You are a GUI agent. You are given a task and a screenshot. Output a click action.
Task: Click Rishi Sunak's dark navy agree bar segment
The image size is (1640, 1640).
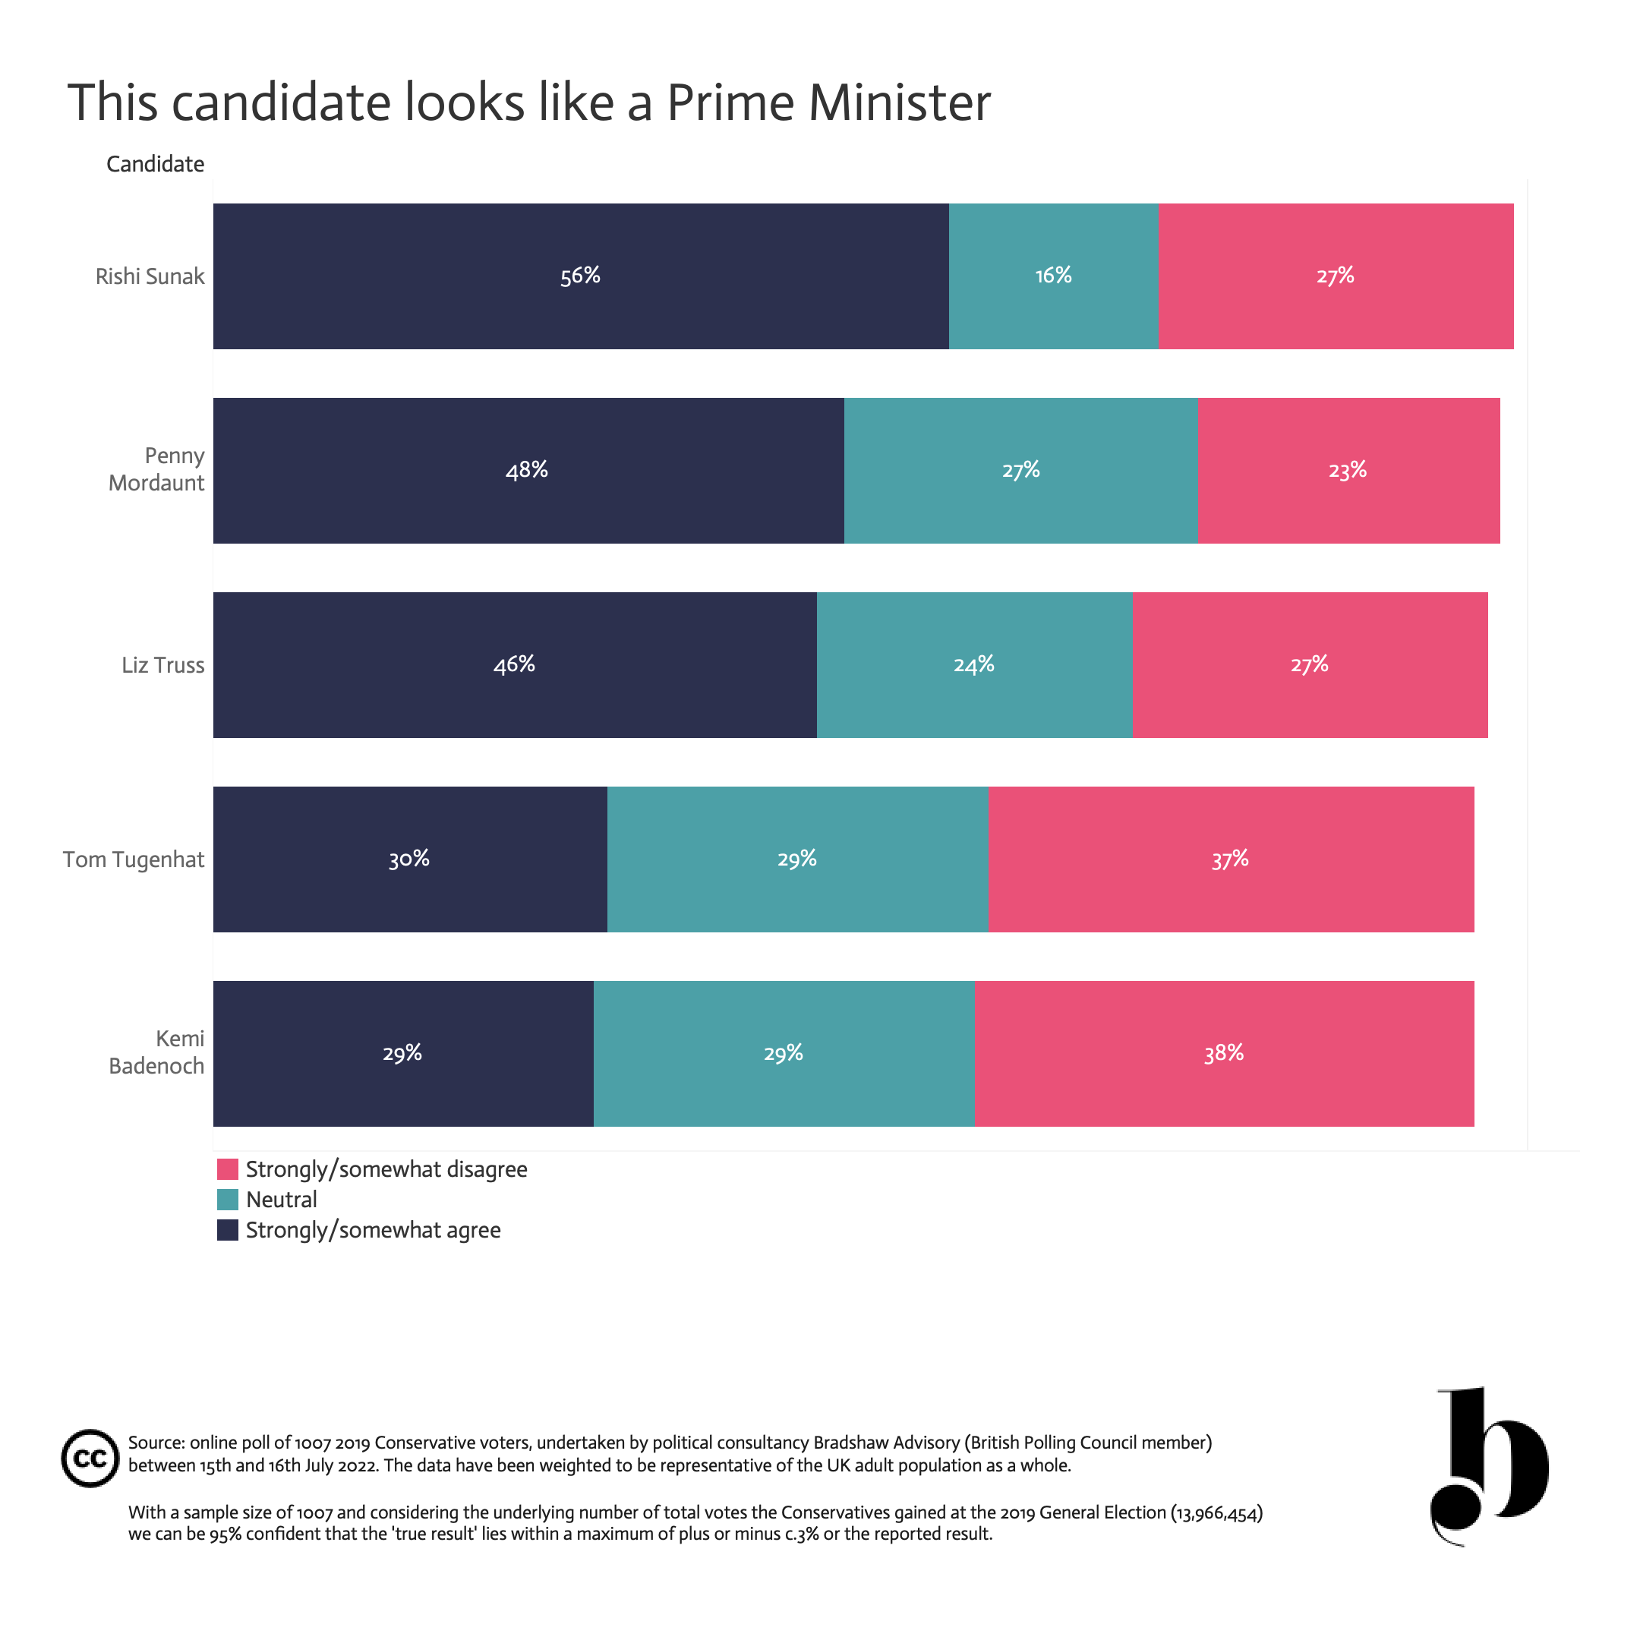pyautogui.click(x=581, y=276)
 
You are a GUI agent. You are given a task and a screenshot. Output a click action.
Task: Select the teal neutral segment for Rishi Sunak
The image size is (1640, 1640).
pyautogui.click(x=1053, y=276)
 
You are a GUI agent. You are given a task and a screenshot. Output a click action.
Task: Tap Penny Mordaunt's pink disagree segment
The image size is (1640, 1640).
pyautogui.click(x=1349, y=470)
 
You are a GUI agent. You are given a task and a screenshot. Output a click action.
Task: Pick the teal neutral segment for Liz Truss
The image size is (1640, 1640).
pyautogui.click(x=974, y=664)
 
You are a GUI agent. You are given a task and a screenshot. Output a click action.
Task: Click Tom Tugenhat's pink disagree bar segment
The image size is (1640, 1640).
pyautogui.click(x=1231, y=859)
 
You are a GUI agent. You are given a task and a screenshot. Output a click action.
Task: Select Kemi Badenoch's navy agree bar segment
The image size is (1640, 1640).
pyautogui.click(x=403, y=1053)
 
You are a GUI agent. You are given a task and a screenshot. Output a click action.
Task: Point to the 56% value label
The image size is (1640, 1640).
pyautogui.click(x=581, y=276)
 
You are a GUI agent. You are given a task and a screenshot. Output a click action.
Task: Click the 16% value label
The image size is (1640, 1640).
pyautogui.click(x=1053, y=276)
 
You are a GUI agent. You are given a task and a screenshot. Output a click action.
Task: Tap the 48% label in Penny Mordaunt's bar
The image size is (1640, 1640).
pyautogui.click(x=527, y=470)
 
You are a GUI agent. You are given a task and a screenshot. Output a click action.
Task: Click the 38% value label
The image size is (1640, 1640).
pyautogui.click(x=1224, y=1053)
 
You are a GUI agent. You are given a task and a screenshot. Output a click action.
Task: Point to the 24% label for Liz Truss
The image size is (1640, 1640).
pyautogui.click(x=973, y=664)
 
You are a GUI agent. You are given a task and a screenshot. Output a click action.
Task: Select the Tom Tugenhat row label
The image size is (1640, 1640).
pyautogui.click(x=134, y=860)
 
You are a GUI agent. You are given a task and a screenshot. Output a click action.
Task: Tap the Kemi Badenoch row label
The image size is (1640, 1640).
pyautogui.click(x=157, y=1052)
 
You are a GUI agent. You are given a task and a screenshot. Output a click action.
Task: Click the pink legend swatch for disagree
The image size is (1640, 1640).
pyautogui.click(x=228, y=1169)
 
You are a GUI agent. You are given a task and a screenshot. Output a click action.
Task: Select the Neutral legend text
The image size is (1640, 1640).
pyautogui.click(x=281, y=1200)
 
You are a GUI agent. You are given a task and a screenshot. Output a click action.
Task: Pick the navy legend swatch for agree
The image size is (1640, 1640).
pyautogui.click(x=228, y=1230)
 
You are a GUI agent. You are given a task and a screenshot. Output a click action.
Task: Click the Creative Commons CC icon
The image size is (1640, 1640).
pyautogui.click(x=90, y=1459)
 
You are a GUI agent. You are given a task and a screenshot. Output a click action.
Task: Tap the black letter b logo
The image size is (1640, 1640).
pyautogui.click(x=1490, y=1466)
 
